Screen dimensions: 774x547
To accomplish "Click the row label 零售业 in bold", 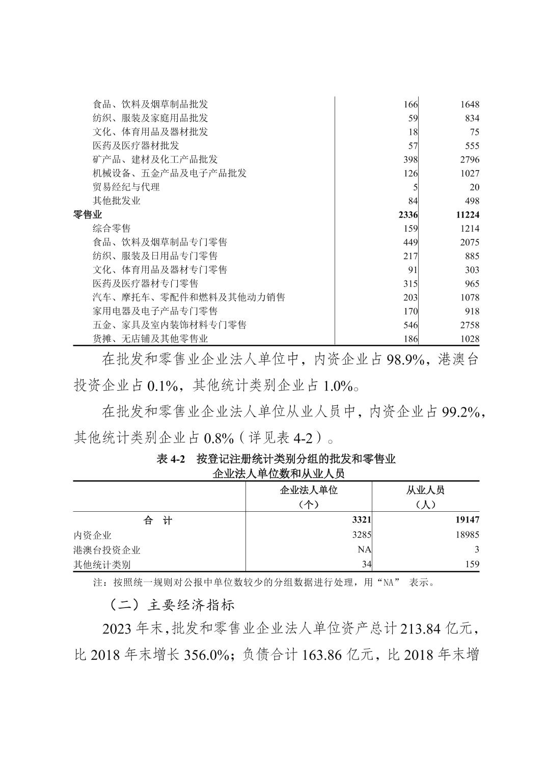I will pos(88,214).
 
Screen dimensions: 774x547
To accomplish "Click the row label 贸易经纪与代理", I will pos(126,187).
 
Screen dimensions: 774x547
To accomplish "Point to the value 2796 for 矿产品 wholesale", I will pos(469,159).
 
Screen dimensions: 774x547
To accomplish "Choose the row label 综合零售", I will pos(112,228).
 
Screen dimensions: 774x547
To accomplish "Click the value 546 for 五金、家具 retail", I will pos(411,325).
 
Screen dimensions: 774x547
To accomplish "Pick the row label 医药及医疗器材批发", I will pos(129,146).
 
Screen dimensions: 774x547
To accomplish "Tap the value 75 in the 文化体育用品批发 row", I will pos(474,132).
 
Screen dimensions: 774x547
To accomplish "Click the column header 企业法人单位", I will pos(309,490).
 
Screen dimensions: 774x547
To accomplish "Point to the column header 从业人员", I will pos(425,490).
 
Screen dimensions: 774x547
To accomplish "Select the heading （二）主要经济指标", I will pos(171,605).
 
